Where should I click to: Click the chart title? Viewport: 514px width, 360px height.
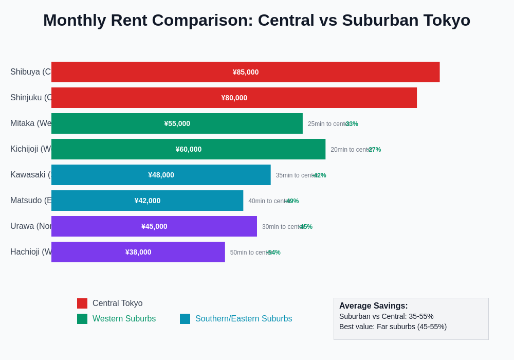point(256,20)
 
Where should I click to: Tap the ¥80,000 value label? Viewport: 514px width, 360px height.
point(234,98)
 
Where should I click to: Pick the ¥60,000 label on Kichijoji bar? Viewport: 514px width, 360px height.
point(189,149)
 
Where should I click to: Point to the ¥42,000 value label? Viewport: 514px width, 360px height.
point(148,201)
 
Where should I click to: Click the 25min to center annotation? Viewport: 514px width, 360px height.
point(327,124)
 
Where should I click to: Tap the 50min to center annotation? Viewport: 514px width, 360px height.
point(249,253)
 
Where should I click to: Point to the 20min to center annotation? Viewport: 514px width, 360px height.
point(350,150)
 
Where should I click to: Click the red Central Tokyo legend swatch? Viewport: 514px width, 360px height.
point(82,303)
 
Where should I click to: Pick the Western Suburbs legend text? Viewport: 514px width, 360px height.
point(124,319)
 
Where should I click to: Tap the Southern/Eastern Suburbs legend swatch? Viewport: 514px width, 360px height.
point(185,319)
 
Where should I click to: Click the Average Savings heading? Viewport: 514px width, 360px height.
point(373,306)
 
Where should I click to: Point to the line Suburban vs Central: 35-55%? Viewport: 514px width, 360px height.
point(386,316)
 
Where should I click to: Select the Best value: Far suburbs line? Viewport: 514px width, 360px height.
point(393,327)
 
